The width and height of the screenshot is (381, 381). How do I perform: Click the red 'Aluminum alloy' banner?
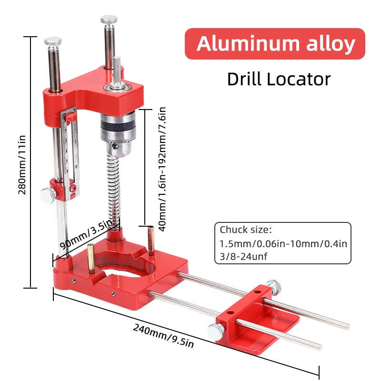click(x=275, y=44)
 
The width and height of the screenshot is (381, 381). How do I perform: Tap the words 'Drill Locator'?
click(x=279, y=79)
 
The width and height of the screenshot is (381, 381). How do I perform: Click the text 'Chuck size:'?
click(x=245, y=230)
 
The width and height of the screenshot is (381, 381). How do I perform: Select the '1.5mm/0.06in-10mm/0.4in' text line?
click(x=283, y=243)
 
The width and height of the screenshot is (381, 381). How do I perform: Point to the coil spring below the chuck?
click(x=114, y=190)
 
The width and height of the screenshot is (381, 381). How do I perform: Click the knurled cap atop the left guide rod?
click(x=53, y=41)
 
